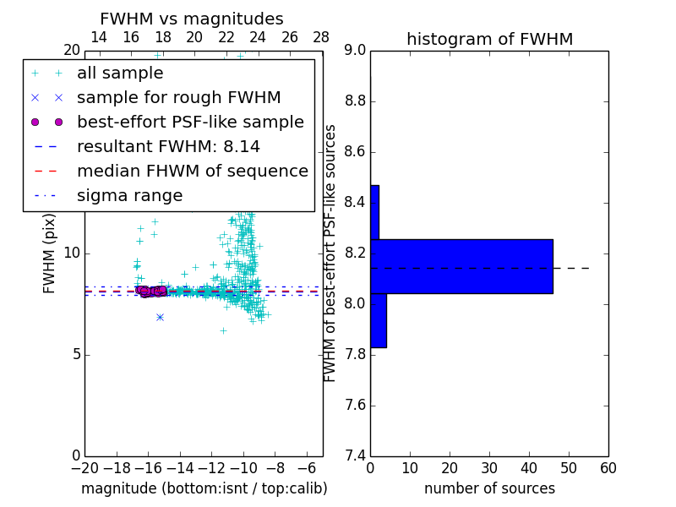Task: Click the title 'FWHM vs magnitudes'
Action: (x=192, y=19)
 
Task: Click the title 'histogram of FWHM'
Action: (x=489, y=39)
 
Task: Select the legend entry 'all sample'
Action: (x=120, y=74)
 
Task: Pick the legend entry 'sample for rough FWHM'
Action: (x=179, y=98)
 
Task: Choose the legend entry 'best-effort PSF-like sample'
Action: (x=190, y=122)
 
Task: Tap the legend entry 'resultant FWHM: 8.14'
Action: (x=168, y=146)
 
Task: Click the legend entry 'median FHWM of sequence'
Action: (x=192, y=171)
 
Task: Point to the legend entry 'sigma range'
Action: (x=129, y=195)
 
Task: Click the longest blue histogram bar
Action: (x=461, y=266)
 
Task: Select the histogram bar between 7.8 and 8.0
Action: (x=378, y=320)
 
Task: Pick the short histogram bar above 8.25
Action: (x=374, y=212)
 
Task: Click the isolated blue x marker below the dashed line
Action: (x=160, y=317)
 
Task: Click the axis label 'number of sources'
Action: (x=489, y=488)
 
